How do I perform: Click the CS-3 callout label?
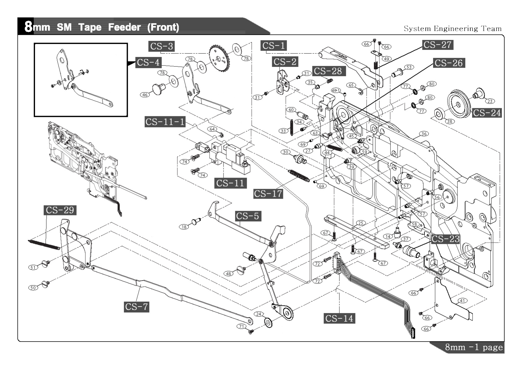(162, 46)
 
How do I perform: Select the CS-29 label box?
(60, 210)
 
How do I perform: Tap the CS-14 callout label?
(339, 318)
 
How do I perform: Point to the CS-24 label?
(487, 113)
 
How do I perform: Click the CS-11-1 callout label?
(165, 122)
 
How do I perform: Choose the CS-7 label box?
(136, 307)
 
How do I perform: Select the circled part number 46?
(145, 95)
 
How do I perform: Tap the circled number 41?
(462, 300)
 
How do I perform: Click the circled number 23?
(490, 101)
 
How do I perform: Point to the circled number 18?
(184, 227)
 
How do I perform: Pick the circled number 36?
(424, 134)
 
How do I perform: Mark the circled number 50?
(33, 287)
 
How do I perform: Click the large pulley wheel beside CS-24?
(459, 104)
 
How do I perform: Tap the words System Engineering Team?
(452, 29)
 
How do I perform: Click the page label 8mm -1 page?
(474, 347)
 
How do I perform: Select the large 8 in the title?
(28, 27)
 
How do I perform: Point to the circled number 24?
(259, 314)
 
